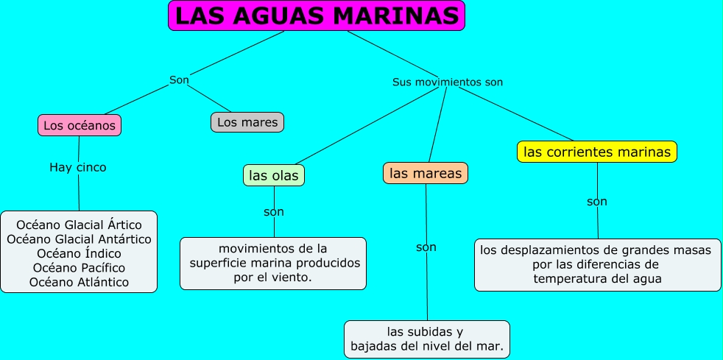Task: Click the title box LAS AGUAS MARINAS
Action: click(317, 15)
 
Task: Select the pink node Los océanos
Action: click(80, 126)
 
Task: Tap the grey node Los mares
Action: click(247, 122)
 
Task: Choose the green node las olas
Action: click(274, 175)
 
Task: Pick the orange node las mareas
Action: click(426, 173)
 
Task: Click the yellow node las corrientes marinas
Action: click(597, 152)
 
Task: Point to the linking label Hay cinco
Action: click(78, 167)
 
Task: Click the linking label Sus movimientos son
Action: click(448, 82)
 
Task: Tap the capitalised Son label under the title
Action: click(179, 80)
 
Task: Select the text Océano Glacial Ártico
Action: click(79, 225)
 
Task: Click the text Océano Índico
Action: click(79, 253)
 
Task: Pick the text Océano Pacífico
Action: click(79, 267)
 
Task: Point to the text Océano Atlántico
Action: click(79, 282)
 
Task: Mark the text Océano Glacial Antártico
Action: click(79, 239)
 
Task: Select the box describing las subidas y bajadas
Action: click(427, 339)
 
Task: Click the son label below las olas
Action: click(274, 212)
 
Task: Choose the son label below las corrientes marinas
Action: click(597, 201)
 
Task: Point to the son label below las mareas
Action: click(426, 247)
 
